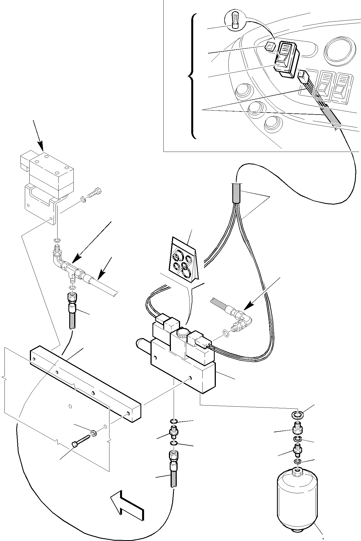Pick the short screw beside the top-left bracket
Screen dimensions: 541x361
94,193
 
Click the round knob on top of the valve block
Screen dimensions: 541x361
182,333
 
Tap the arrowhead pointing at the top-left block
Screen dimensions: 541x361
41,146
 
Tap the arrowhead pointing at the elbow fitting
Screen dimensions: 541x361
248,307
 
